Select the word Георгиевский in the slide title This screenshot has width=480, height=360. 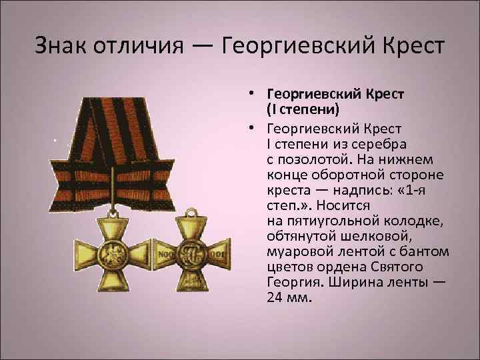[299, 47]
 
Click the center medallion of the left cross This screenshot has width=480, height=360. [111, 256]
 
